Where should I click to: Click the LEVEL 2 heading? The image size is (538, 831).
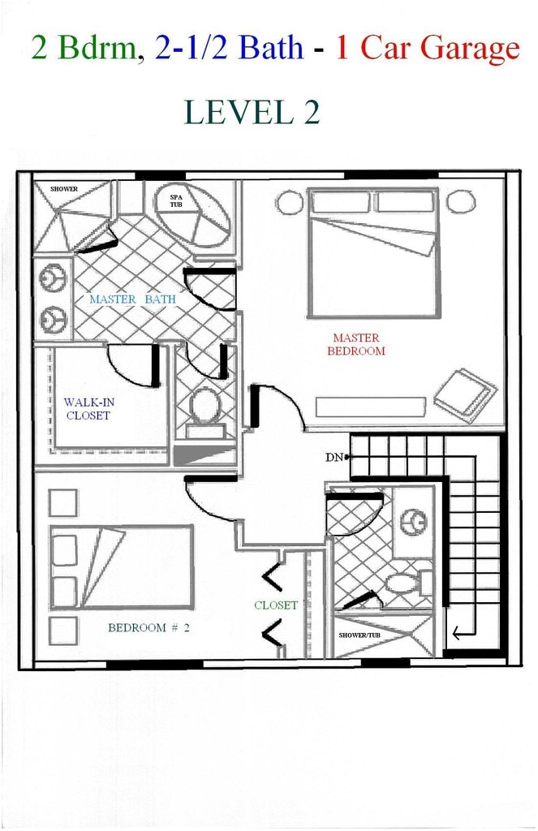pos(252,111)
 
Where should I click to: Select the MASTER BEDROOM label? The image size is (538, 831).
pos(355,345)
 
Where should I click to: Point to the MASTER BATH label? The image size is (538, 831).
pos(132,299)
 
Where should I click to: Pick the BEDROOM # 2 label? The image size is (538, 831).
pos(148,627)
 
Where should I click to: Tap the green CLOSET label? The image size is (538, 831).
pos(276,605)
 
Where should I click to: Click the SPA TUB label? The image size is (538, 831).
pos(176,200)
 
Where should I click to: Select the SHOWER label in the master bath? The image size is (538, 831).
pos(64,189)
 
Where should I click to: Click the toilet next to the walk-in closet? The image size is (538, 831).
pos(204,405)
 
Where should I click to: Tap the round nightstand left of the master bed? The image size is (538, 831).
pos(289,202)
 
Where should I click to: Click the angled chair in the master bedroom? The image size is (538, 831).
pos(465,393)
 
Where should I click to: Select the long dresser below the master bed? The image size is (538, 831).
pos(370,407)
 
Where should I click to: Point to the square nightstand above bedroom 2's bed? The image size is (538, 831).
pos(62,502)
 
